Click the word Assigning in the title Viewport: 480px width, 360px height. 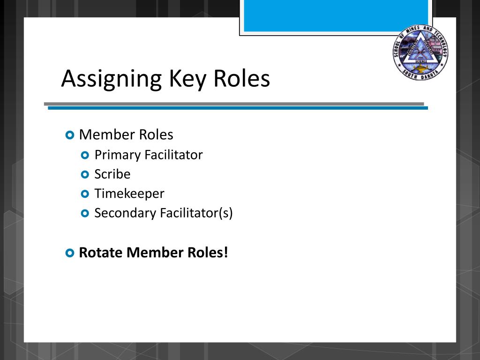pos(111,79)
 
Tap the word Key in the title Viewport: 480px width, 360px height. pos(187,79)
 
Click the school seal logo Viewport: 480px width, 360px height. pos(420,52)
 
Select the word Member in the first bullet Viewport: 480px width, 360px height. pos(101,135)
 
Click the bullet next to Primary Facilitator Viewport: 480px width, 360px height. pos(85,155)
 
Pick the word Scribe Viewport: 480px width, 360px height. pos(112,174)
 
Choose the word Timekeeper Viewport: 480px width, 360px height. pos(129,194)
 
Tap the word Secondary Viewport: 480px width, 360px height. pos(125,213)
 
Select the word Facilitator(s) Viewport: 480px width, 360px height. pos(196,213)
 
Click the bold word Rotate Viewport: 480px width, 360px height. pos(101,253)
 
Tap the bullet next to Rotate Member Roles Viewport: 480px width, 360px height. pos(69,253)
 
